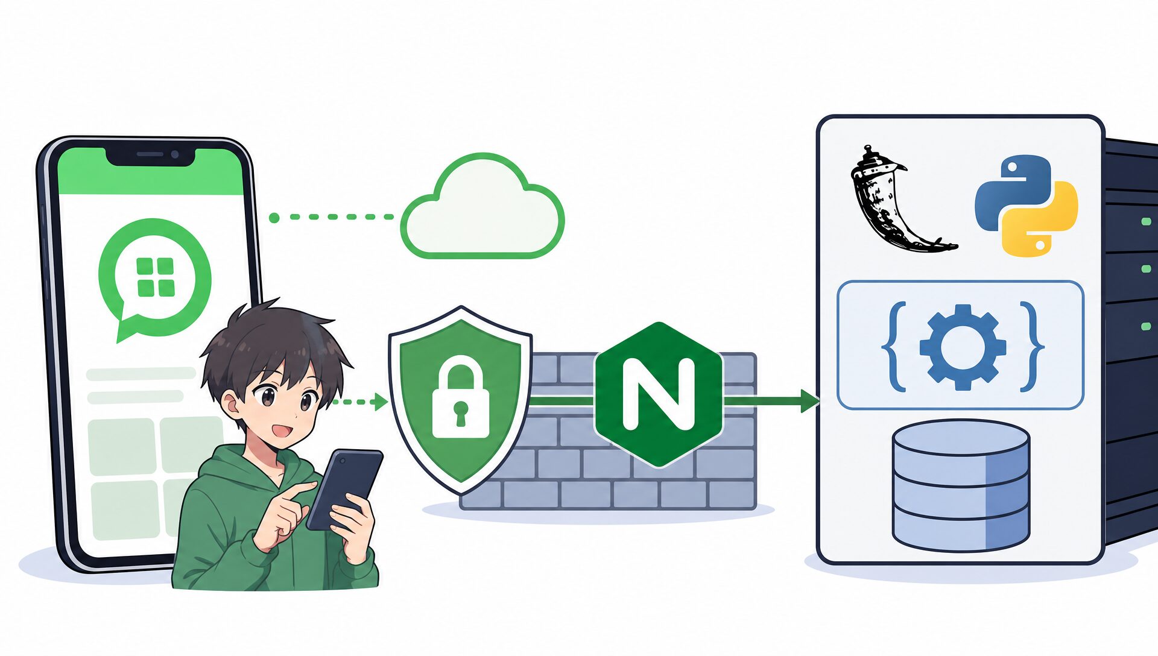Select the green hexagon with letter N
tap(658, 395)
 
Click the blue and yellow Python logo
tap(1026, 206)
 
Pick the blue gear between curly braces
tap(963, 347)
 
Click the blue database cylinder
tap(961, 485)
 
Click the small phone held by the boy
tap(344, 489)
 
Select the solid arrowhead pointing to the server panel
tap(810, 400)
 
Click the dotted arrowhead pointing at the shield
tap(381, 402)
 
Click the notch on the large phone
tap(150, 156)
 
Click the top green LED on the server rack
tap(1146, 222)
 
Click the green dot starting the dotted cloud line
tap(274, 218)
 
